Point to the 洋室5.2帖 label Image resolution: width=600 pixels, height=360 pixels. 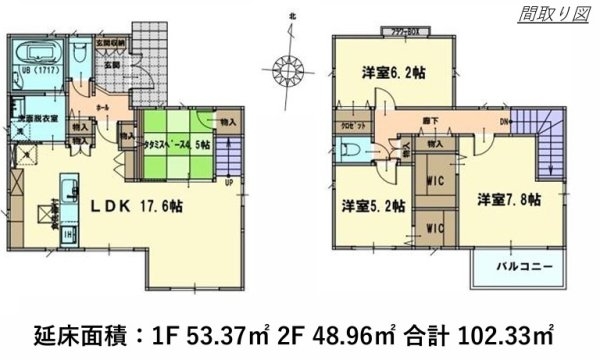tap(372, 206)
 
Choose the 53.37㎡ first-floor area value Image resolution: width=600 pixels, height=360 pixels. tap(265, 331)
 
